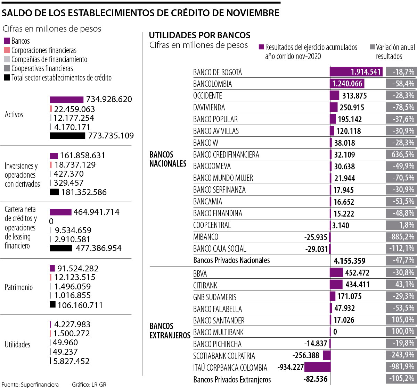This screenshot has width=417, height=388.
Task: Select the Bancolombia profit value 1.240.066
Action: (x=347, y=84)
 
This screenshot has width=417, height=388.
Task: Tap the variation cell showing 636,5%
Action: (x=401, y=154)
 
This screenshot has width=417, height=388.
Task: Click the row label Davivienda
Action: (x=209, y=108)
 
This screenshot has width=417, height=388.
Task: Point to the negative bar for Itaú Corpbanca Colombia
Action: (x=318, y=367)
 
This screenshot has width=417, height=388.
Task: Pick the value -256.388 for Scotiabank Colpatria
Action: (x=306, y=355)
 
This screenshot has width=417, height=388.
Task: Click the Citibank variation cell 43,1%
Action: (x=401, y=284)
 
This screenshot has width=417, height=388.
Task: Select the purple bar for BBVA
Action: (x=336, y=273)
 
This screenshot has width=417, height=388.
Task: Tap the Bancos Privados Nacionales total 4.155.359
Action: (x=349, y=261)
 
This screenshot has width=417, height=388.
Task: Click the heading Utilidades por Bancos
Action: (x=199, y=35)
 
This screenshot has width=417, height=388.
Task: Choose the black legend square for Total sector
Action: (x=7, y=77)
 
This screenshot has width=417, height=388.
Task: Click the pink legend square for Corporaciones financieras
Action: (x=7, y=50)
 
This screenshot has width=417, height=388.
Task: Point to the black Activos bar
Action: (x=67, y=136)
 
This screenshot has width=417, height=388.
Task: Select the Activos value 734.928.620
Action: (x=109, y=99)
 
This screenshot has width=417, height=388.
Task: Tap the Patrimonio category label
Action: (x=18, y=287)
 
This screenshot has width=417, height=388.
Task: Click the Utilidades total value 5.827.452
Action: (x=72, y=361)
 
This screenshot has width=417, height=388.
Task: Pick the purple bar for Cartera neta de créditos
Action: (x=60, y=212)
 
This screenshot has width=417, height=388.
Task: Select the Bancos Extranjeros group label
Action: (x=170, y=330)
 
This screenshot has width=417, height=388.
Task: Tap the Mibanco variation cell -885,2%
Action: (x=401, y=237)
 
